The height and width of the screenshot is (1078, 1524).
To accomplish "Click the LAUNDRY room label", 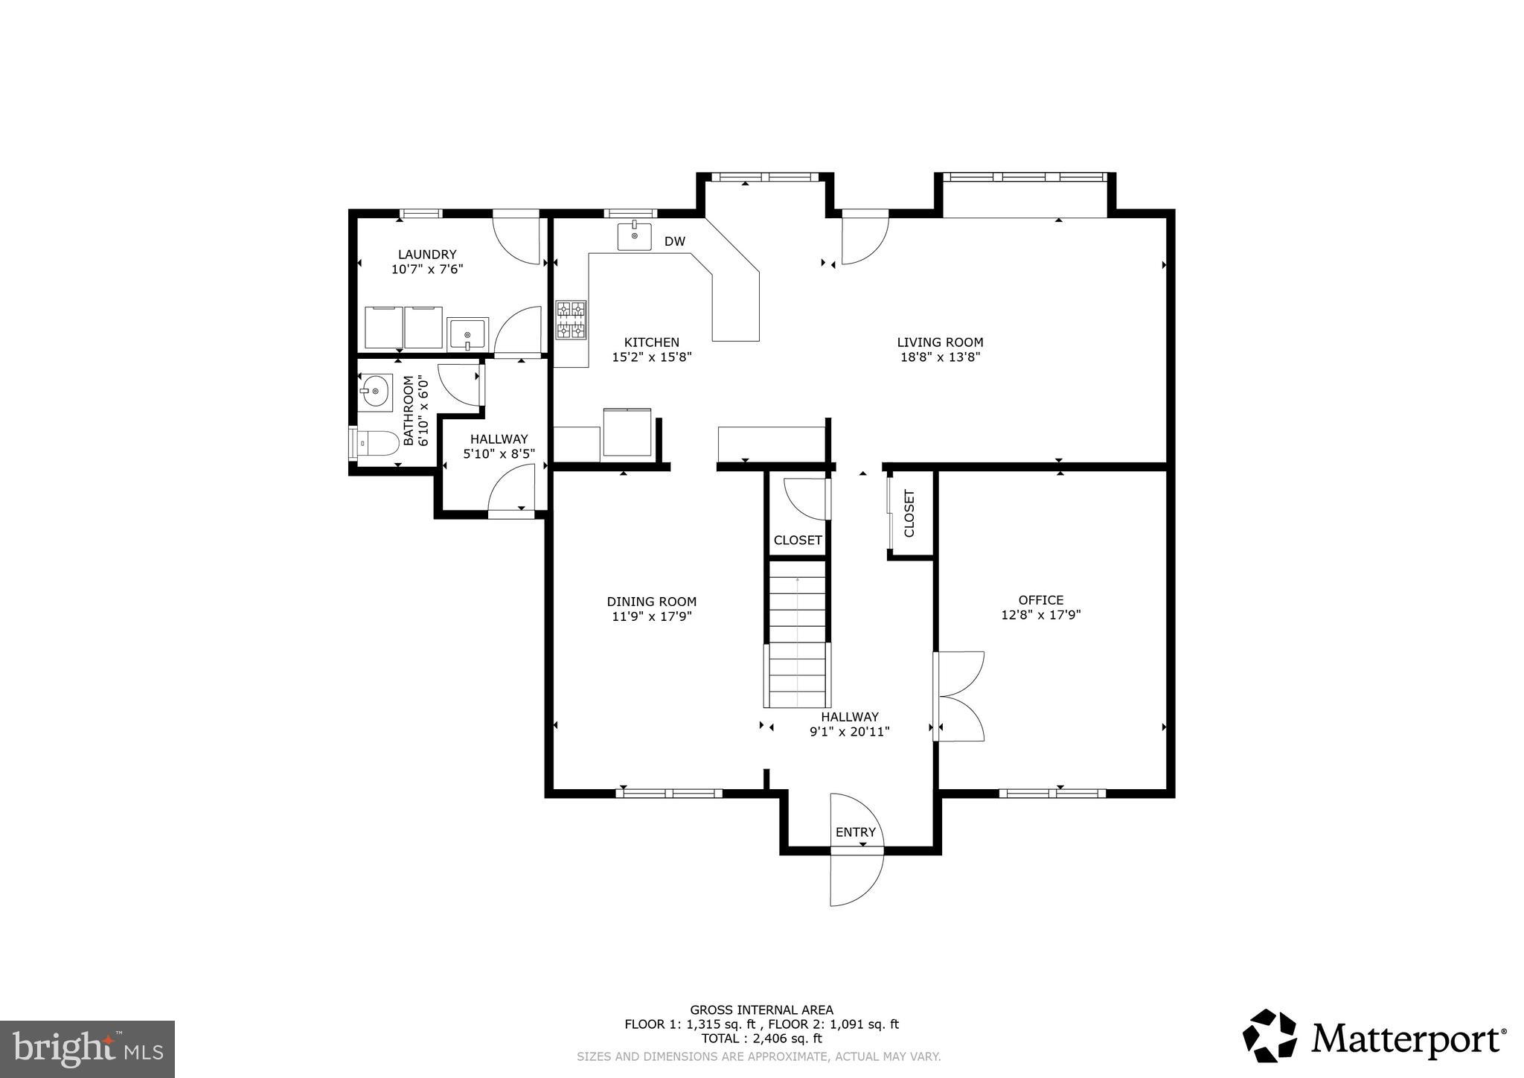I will point(426,255).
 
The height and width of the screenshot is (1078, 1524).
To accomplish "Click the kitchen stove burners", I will point(571,319).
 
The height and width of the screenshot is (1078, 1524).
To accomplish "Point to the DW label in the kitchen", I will point(674,241).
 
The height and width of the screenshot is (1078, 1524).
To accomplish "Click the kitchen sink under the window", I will point(634,236).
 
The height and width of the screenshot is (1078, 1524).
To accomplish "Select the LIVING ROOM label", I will point(940,342).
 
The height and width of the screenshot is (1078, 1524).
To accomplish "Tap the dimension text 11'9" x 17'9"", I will point(651,616).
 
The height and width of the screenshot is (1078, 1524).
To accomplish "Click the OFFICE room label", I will point(1040,600).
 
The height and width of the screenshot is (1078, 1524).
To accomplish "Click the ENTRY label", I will point(855,832).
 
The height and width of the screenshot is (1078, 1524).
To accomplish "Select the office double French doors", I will point(961,696).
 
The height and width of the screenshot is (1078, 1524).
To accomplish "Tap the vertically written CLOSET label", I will point(909,514).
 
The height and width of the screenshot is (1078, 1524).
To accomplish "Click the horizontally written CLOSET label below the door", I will point(797,540).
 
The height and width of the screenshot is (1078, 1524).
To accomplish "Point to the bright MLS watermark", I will point(87,1050).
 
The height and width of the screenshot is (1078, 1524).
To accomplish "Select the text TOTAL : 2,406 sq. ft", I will point(761,1039).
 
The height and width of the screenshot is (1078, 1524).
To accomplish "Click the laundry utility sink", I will point(467,334).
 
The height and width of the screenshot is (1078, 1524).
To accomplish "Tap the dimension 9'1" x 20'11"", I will point(849,732).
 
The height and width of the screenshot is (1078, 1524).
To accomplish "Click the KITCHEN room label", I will point(651,342).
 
